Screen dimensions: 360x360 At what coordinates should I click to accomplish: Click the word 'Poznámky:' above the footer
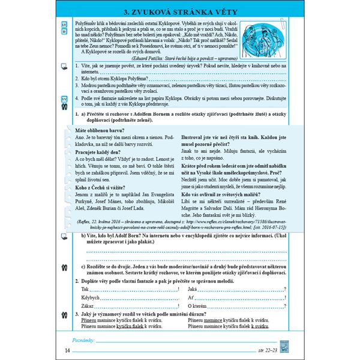(83, 340)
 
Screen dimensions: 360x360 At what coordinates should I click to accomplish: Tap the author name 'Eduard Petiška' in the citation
(168, 59)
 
